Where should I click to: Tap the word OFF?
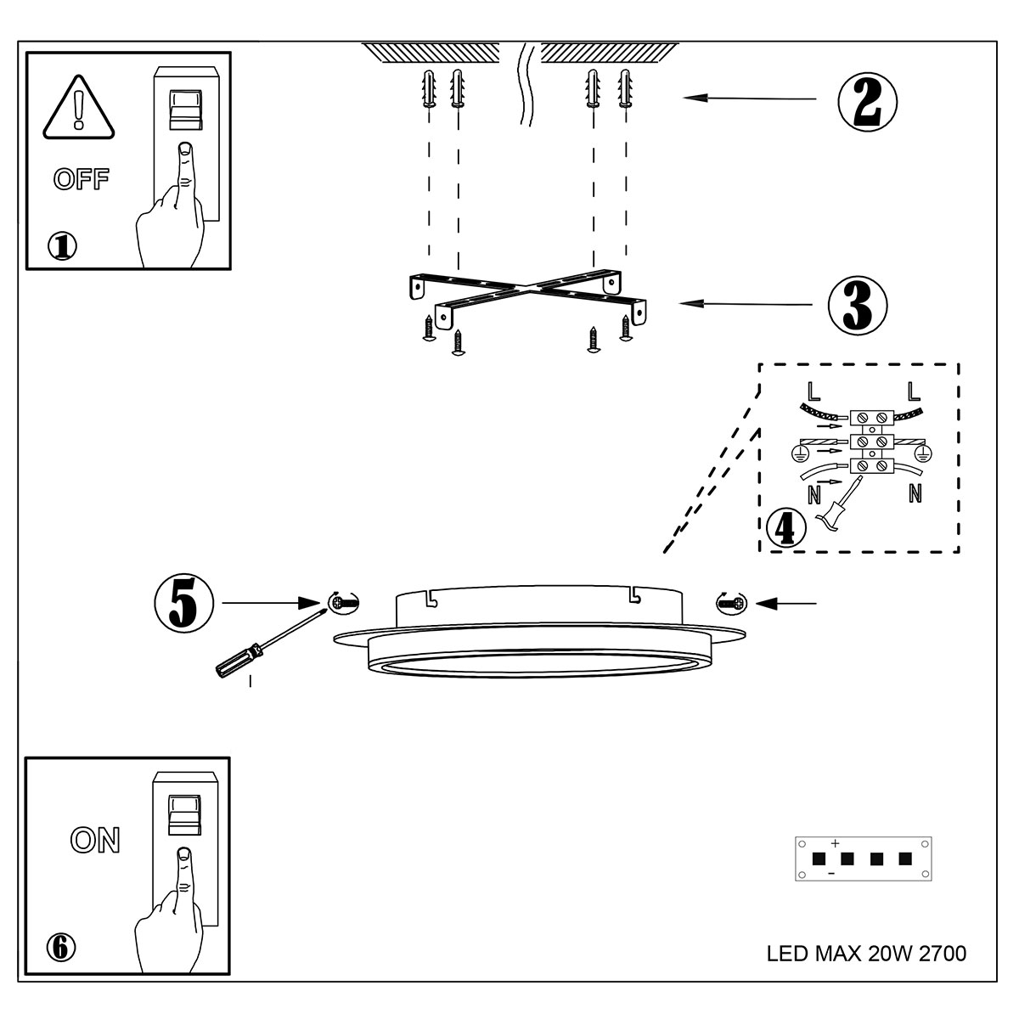(x=82, y=179)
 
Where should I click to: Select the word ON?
(x=95, y=840)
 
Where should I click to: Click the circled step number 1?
(x=62, y=245)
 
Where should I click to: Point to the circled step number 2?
(x=867, y=101)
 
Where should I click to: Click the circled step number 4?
(x=785, y=527)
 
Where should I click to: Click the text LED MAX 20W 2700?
(x=866, y=954)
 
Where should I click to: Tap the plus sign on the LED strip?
(x=835, y=843)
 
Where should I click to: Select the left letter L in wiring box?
(x=814, y=391)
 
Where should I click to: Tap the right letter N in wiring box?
(x=915, y=493)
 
